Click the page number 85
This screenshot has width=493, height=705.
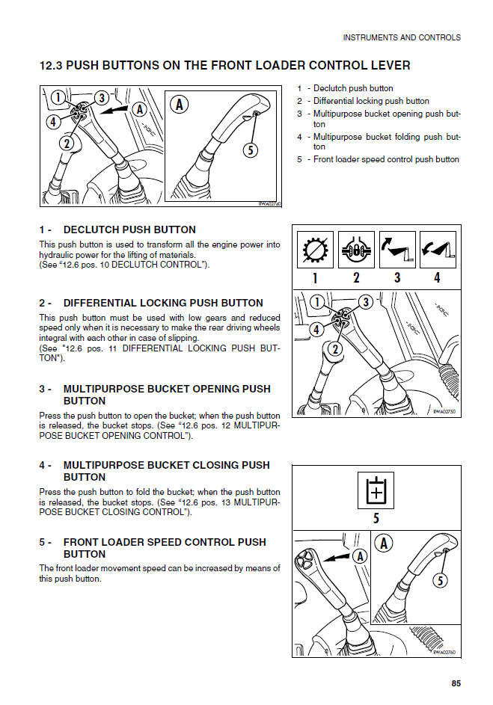coord(456,683)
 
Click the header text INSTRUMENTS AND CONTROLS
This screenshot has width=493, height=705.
coord(401,37)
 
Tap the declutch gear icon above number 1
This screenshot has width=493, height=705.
coord(315,250)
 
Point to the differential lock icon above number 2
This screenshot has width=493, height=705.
coord(356,250)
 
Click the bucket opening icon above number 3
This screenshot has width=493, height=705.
coord(396,250)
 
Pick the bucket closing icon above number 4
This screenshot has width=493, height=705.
coord(437,250)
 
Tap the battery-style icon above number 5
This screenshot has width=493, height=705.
coord(376,490)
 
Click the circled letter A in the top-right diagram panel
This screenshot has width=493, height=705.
coord(180,105)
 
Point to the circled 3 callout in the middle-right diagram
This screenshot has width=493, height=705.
coord(365,302)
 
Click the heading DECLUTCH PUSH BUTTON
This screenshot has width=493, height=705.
coord(129,230)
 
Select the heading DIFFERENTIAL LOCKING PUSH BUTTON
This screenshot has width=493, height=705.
coord(163,303)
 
